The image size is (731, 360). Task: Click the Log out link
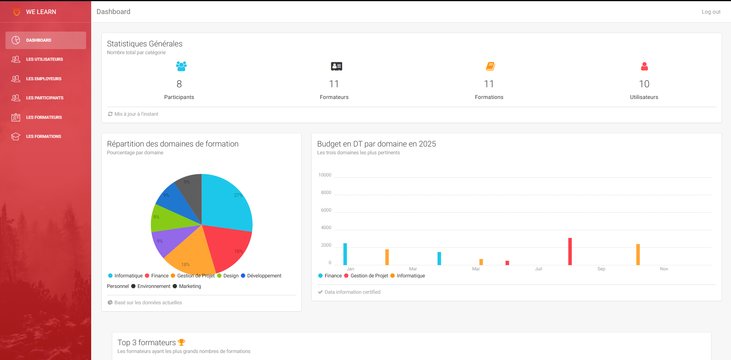[711, 12]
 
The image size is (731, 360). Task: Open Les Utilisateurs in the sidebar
[44, 59]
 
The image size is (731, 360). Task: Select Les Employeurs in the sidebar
[44, 79]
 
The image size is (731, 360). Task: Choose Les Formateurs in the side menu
[44, 117]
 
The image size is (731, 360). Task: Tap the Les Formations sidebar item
[43, 136]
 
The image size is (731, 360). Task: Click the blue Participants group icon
[181, 66]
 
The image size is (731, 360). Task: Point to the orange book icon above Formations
[490, 66]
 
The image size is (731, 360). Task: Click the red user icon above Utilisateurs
[644, 67]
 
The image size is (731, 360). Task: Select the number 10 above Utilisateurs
[644, 84]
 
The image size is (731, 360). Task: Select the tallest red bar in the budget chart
[570, 251]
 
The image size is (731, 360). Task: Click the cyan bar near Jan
[345, 254]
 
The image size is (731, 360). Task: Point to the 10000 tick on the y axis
[325, 175]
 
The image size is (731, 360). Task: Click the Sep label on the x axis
[601, 269]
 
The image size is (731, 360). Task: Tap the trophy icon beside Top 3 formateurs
[181, 342]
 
